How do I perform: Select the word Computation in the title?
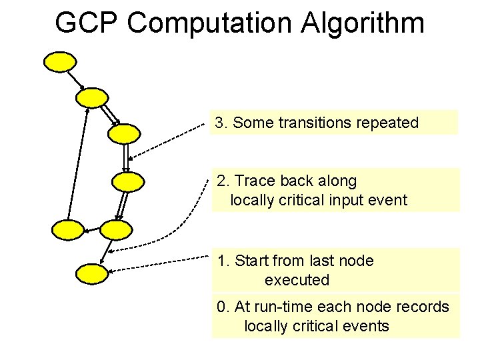(209, 23)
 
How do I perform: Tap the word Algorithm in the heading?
(363, 23)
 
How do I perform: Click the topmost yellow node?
(60, 61)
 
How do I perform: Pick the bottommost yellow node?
(91, 273)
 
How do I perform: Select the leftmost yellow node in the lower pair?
(68, 230)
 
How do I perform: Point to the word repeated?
(387, 123)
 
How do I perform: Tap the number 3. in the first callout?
(222, 123)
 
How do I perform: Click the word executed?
(297, 280)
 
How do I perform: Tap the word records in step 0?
(424, 307)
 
